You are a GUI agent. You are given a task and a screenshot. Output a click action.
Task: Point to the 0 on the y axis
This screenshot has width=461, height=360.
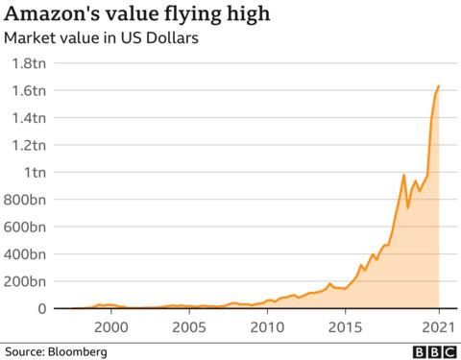[x=41, y=308]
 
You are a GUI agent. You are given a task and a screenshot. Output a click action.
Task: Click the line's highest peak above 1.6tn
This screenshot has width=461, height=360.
[x=439, y=86]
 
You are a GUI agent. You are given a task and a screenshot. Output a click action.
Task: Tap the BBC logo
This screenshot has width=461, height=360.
[x=437, y=351]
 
